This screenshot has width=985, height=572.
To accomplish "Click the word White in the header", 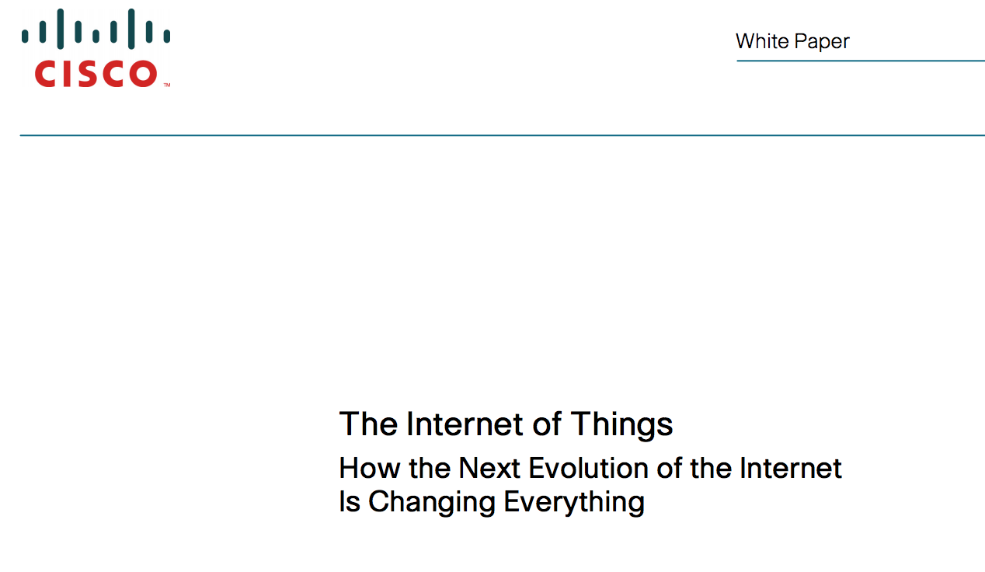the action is pos(763,41).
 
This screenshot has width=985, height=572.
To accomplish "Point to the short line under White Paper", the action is pos(861,61).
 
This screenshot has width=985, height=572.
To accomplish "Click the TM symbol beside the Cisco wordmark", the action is pos(167,85).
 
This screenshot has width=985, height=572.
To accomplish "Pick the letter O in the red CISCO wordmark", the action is pos(144,74).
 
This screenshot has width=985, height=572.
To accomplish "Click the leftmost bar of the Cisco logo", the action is pos(25,36).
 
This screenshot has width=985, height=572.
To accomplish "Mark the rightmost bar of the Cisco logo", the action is pos(167,36).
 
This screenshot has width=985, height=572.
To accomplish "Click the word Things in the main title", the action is pos(621,425).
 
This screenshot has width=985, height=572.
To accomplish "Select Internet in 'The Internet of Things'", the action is pos(465,424).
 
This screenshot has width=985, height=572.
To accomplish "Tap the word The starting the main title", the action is pos(368,424).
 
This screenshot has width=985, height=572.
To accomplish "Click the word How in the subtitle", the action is pos(370,468).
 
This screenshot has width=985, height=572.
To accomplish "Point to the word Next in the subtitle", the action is pos(489,468).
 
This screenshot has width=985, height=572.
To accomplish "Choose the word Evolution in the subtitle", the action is pos(588,468).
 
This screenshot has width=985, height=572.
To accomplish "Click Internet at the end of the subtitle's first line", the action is pos(791,468).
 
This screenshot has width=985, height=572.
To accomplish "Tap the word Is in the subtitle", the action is pos(350,501).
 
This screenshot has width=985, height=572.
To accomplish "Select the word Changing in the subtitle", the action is pos(432,503).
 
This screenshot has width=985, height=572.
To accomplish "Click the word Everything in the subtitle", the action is pos(574,503).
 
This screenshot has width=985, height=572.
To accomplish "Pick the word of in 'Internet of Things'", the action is pos(547,424).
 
